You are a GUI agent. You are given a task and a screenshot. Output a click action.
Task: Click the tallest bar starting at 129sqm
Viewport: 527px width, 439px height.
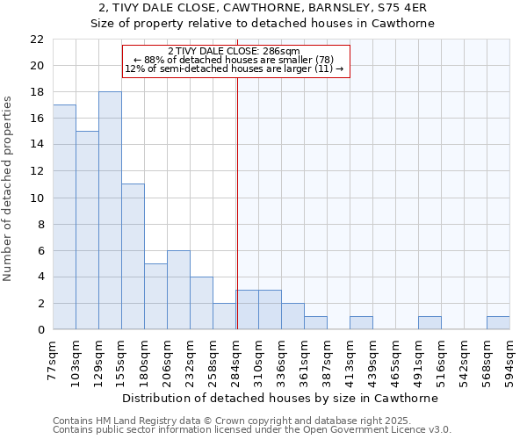point(110,211)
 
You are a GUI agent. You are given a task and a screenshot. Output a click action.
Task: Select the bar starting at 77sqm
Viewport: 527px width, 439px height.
point(64,217)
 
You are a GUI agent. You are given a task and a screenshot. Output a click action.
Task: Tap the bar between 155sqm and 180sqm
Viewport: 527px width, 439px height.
point(133,256)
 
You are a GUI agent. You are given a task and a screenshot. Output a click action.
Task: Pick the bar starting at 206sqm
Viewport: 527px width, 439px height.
point(178,290)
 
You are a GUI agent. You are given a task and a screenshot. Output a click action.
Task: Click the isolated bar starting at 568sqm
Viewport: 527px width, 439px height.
point(498,323)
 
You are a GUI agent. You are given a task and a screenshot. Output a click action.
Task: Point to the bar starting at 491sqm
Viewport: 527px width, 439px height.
point(430,323)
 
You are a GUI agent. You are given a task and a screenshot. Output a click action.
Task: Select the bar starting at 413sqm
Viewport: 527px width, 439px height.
point(361,323)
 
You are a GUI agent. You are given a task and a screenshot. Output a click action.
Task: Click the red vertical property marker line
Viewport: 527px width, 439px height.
point(237,202)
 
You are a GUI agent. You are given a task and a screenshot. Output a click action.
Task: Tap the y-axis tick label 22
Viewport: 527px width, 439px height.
point(37,40)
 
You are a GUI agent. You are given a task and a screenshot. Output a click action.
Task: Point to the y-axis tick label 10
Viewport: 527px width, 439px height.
point(37,198)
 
